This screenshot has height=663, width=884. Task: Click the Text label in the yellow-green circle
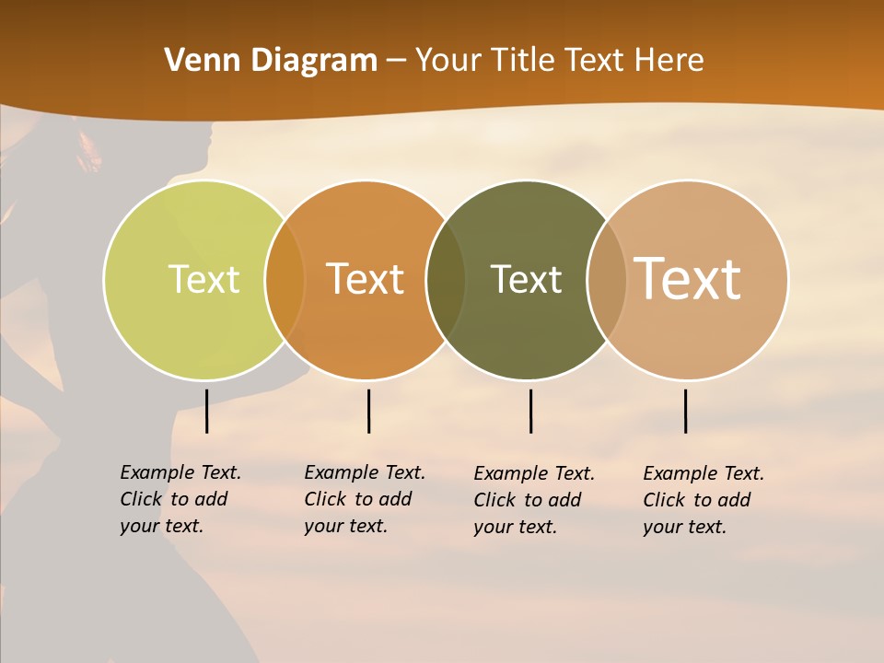[204, 279]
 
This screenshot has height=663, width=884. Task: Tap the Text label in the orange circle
[366, 279]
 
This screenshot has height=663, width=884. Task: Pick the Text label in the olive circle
[526, 279]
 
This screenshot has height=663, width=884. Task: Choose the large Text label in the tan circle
[688, 279]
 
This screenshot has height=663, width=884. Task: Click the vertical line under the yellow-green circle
[207, 411]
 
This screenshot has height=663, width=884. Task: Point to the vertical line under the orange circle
[368, 411]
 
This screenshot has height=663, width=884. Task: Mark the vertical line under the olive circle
[530, 411]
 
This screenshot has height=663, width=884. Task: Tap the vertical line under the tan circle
[685, 411]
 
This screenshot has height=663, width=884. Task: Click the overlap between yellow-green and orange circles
[285, 279]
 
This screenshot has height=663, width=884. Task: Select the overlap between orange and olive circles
[447, 279]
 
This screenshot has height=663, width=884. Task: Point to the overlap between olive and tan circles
[608, 279]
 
